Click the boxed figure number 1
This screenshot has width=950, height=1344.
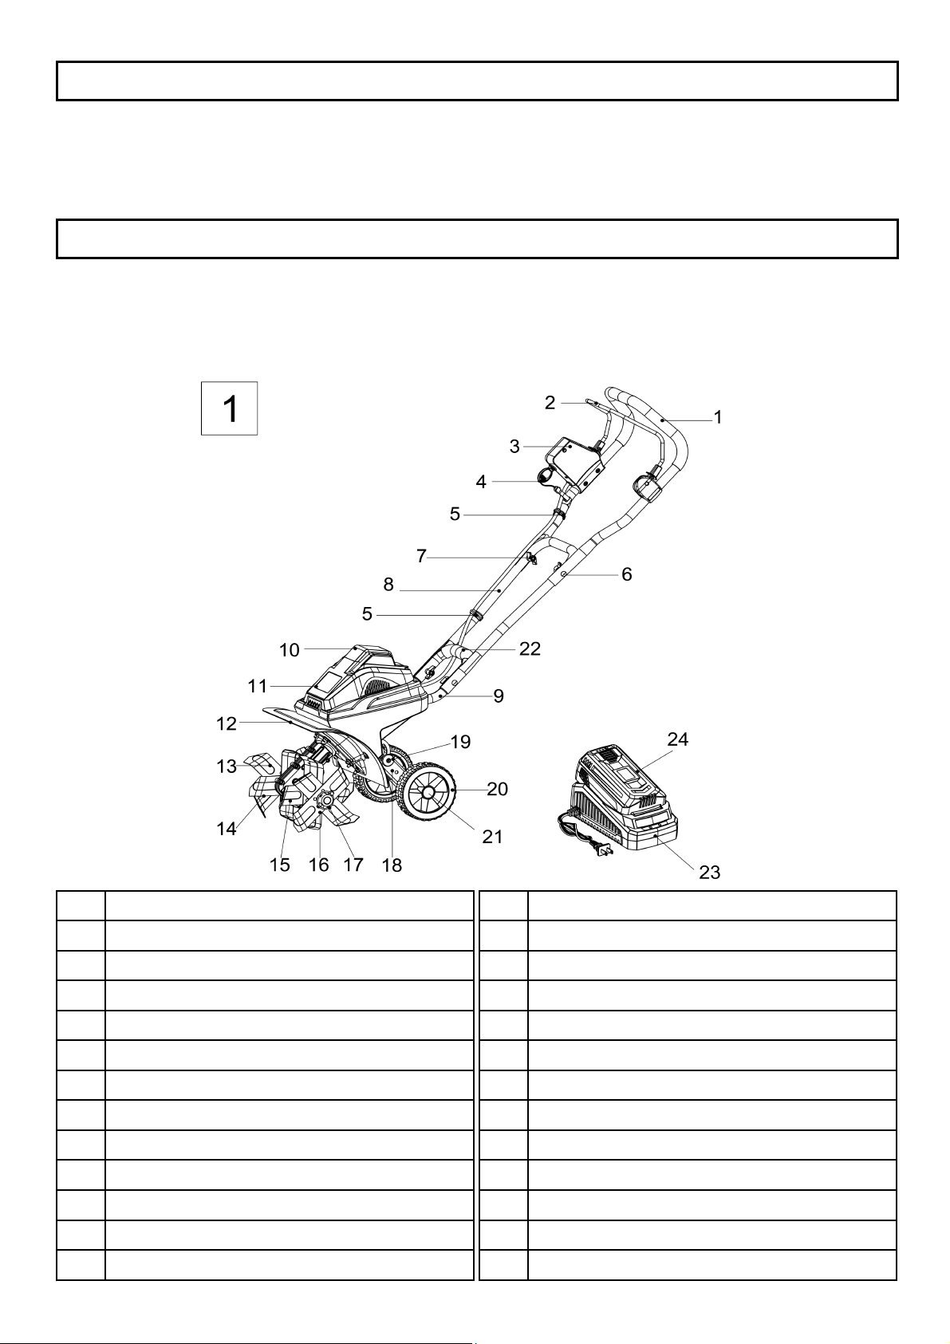click(230, 409)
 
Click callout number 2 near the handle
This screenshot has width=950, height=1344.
click(550, 403)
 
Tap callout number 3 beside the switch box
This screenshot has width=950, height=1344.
click(514, 447)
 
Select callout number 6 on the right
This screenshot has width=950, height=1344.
click(626, 575)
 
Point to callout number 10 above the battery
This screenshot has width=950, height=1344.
click(290, 650)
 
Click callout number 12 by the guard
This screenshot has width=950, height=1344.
click(227, 724)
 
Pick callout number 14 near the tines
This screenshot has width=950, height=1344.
click(227, 829)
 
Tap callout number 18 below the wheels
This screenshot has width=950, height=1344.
click(392, 865)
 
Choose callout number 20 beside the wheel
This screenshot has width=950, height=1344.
click(498, 789)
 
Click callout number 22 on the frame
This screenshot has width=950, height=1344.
click(530, 648)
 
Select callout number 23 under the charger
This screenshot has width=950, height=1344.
click(709, 873)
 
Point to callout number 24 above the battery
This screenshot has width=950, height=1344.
click(677, 739)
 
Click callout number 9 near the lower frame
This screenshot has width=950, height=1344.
click(498, 696)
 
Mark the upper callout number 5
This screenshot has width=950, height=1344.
click(455, 514)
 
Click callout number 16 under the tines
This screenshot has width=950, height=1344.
click(319, 865)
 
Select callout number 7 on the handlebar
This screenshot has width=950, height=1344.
click(421, 557)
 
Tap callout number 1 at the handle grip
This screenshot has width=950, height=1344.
click(718, 417)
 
